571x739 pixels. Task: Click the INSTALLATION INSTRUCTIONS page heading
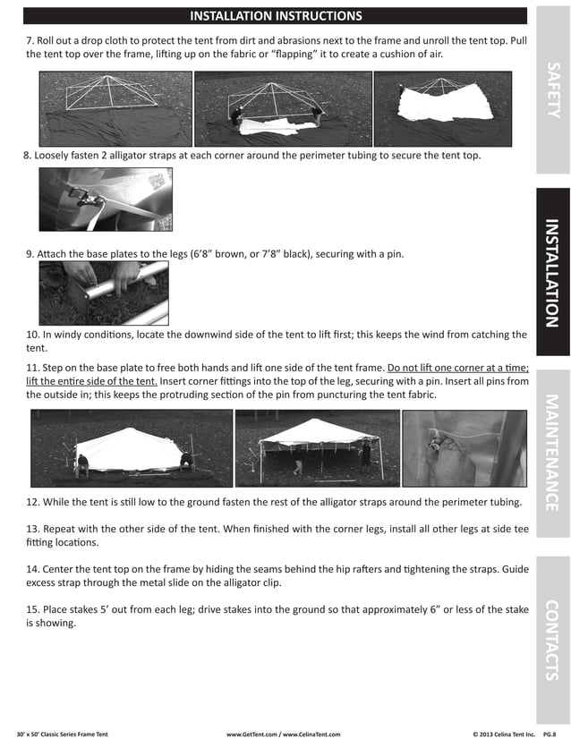[x=276, y=16]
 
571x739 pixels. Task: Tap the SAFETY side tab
[x=553, y=89]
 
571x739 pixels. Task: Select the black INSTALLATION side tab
[x=553, y=272]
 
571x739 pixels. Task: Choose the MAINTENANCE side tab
[x=553, y=452]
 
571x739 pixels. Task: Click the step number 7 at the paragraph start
[x=30, y=41]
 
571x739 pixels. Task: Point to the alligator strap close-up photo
[x=105, y=199]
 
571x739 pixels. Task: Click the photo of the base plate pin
[x=103, y=293]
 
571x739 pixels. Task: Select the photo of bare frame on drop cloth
[x=115, y=108]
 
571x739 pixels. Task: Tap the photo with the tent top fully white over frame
[x=442, y=108]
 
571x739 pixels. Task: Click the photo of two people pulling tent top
[x=282, y=108]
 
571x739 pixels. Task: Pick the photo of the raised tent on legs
[x=317, y=447]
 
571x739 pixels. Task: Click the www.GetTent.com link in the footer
[x=253, y=734]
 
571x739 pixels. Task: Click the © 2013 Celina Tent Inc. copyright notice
[x=503, y=734]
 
